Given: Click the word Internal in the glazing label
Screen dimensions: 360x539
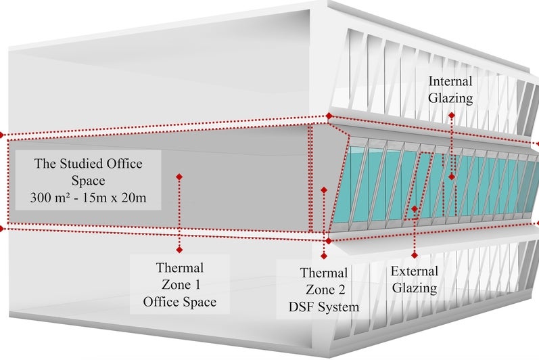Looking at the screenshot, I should pos(450,81).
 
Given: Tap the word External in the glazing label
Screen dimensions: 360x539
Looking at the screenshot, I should pos(415,271).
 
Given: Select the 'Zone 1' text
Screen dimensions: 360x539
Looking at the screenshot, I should pos(179,285).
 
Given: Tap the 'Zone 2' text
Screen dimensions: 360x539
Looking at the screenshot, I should pos(324,290).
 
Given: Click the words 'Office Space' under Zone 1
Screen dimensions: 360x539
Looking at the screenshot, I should pos(179,302).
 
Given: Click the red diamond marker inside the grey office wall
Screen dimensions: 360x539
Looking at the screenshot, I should pos(179,177).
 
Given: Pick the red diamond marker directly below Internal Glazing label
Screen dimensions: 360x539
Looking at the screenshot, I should pos(452,116).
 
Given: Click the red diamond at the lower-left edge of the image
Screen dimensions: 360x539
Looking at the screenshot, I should pos(2,229).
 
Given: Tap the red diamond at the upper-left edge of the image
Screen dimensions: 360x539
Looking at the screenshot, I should pos(2,135).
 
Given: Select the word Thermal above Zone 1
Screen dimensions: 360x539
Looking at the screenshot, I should pos(179,268).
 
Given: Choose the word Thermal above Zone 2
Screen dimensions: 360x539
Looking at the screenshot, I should pos(324,273).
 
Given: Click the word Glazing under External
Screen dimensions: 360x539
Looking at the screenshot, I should pos(415,288).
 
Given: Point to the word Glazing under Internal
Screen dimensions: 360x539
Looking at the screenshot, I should pos(450,98).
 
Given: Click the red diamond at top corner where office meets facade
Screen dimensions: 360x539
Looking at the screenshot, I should pos(329,116).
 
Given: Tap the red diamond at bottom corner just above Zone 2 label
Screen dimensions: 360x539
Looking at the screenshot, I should pos(328,240).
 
